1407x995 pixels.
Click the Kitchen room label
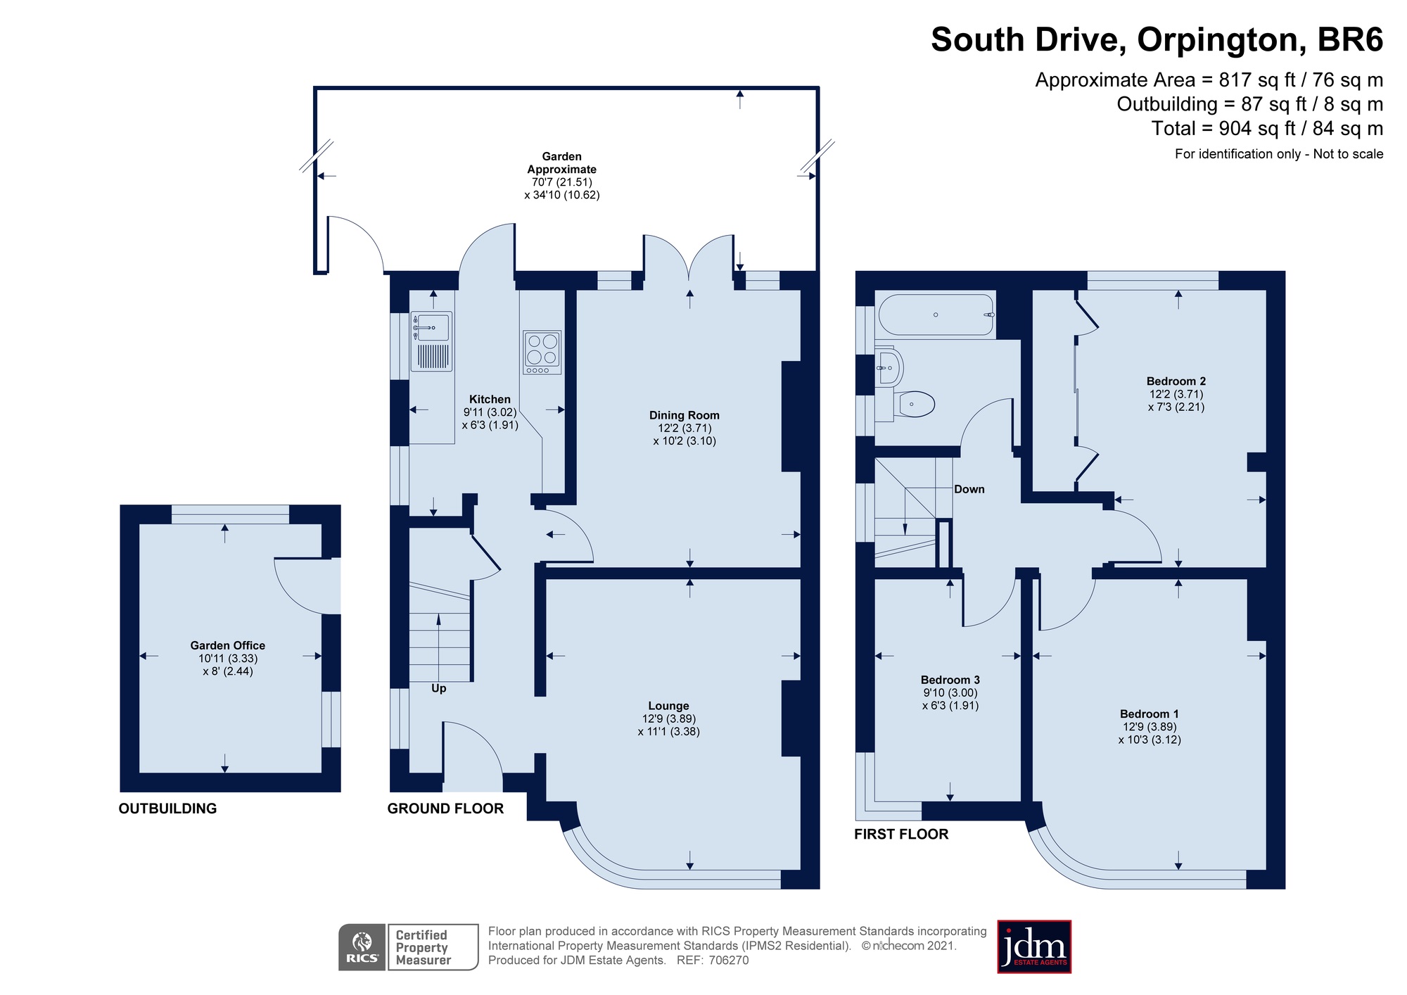[x=490, y=399]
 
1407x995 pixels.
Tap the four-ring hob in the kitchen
[x=542, y=352]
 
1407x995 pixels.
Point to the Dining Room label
[x=684, y=415]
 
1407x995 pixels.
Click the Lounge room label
[x=668, y=706]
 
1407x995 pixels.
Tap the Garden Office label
[x=228, y=645]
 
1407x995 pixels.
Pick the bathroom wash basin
[x=889, y=367]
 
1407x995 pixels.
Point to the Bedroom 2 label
[x=1176, y=381]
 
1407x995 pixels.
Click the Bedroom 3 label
[x=950, y=680]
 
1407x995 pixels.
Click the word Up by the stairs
[x=439, y=688]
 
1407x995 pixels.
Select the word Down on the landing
[x=969, y=489]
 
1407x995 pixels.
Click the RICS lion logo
[x=362, y=947]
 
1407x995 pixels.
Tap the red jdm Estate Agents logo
[x=1034, y=946]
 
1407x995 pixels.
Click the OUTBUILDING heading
[x=167, y=809]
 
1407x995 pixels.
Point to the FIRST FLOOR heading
[x=901, y=834]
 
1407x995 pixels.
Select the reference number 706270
[x=728, y=961]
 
